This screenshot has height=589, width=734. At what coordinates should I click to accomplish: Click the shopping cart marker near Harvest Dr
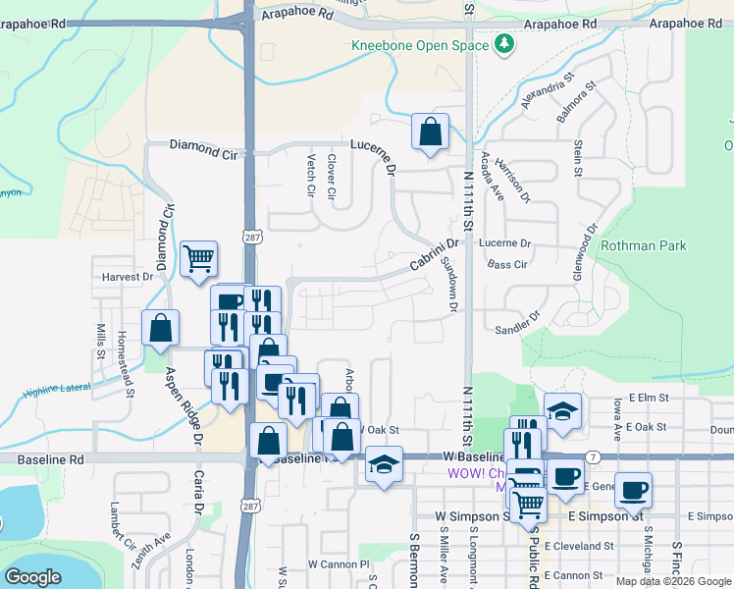[x=199, y=259]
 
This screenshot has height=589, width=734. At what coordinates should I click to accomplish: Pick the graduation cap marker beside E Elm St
[x=563, y=411]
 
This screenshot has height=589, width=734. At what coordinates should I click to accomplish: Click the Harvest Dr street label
[x=128, y=277]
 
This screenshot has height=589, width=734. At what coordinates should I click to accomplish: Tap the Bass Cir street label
[x=508, y=265]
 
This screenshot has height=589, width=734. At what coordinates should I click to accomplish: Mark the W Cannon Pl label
[x=338, y=564]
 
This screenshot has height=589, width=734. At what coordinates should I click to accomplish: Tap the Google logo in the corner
[x=33, y=577]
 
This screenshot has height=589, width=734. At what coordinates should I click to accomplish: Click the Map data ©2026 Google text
[x=673, y=581]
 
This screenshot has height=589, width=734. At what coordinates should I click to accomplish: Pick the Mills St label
[x=100, y=340]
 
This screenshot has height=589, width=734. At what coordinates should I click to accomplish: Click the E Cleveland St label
[x=579, y=546]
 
